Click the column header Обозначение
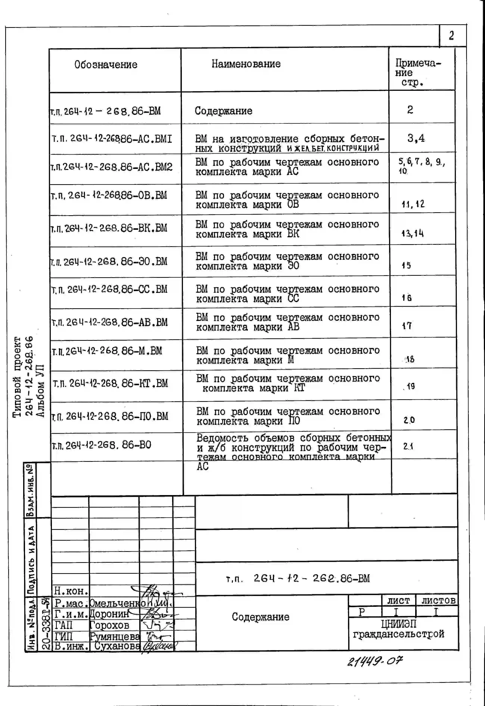point(106,64)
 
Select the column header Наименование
point(246,64)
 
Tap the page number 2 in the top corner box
point(451,36)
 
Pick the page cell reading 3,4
point(416,139)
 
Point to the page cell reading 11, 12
point(413,204)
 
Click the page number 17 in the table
point(407,326)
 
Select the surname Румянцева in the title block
point(115,636)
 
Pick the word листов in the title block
point(438,600)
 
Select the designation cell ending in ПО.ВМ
point(110,416)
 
